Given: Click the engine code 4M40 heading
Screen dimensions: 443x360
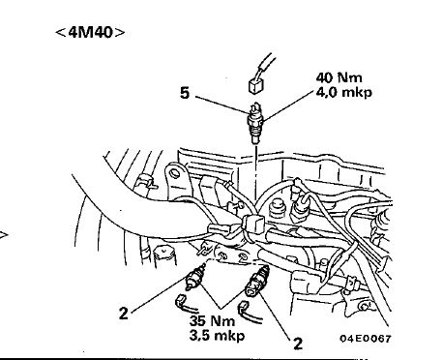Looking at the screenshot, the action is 90,32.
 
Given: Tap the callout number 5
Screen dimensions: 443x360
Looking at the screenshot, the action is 185,93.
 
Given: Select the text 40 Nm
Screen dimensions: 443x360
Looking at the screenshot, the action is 339,77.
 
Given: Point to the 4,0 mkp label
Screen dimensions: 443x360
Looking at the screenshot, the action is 343,92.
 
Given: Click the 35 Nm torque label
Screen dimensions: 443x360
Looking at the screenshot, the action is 212,320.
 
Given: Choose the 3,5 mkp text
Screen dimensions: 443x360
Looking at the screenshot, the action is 217,336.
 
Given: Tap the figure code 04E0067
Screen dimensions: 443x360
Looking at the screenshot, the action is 366,339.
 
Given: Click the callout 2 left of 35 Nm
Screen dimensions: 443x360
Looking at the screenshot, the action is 124,314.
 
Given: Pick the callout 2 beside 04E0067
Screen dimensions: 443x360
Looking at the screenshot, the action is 298,344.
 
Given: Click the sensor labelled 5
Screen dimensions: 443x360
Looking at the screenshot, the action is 255,123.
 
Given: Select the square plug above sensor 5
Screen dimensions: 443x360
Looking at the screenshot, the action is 256,86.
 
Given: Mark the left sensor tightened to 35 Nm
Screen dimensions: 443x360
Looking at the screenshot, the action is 195,277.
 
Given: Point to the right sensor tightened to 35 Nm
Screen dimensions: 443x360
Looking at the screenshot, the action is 256,281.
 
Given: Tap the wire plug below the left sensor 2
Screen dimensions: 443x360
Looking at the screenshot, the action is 183,304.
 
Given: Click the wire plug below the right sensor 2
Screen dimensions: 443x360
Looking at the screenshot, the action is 249,312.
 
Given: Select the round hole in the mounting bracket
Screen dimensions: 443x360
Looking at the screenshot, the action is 175,174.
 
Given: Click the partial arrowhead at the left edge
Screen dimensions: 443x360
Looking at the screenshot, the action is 4,234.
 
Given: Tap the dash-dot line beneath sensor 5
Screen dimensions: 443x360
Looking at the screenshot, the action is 256,173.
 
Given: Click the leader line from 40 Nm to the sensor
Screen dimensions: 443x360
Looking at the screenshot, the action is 288,105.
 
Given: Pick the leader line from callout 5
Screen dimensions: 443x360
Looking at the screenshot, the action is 221,105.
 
